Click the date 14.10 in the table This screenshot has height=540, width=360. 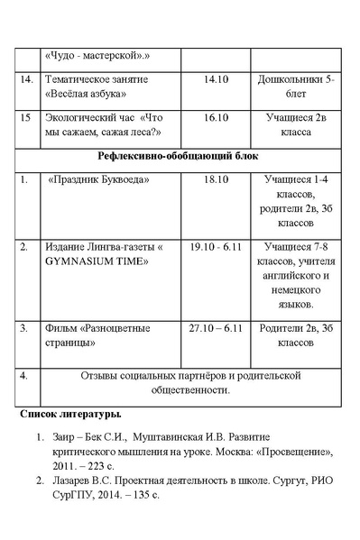coord(217,80)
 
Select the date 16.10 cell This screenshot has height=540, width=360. coord(217,117)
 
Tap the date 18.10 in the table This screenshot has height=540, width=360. coord(217,179)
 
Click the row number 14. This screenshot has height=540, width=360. coord(26,80)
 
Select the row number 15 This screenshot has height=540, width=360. coord(25,117)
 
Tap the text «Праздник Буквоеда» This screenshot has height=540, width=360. coord(98,179)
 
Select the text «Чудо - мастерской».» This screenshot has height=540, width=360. coord(97,55)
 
